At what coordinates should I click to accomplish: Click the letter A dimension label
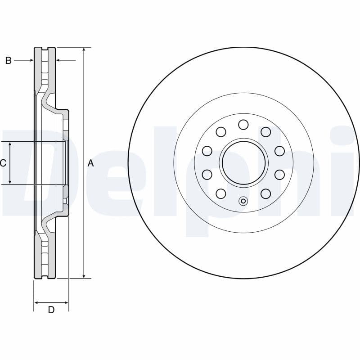(x=90, y=163)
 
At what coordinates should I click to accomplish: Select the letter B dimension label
(x=8, y=60)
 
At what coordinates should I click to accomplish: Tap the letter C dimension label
(x=3, y=163)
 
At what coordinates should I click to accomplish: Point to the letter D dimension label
(x=51, y=310)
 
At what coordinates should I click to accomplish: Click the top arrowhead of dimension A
(x=84, y=50)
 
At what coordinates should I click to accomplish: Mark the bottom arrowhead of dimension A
(x=84, y=275)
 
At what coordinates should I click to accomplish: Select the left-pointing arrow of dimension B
(x=59, y=60)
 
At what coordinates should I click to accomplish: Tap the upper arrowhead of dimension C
(x=10, y=144)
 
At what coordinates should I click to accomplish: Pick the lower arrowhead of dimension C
(x=10, y=181)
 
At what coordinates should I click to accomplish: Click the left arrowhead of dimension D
(x=37, y=303)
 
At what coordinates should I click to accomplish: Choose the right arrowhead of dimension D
(x=66, y=303)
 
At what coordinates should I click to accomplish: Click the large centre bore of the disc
(x=243, y=162)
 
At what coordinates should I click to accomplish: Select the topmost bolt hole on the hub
(x=243, y=124)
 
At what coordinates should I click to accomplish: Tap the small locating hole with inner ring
(x=243, y=201)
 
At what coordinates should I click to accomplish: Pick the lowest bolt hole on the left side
(x=220, y=193)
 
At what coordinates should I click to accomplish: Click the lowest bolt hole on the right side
(x=266, y=193)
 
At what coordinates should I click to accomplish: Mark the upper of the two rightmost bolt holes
(x=279, y=151)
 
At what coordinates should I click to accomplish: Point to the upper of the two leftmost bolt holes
(x=207, y=151)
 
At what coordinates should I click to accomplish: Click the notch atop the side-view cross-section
(x=45, y=49)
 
